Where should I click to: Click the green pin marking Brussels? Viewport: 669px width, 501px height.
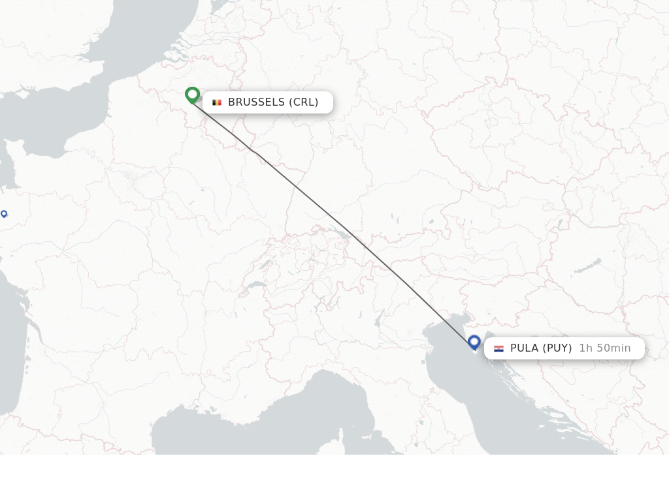192,95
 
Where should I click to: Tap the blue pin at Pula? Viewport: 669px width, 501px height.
474,342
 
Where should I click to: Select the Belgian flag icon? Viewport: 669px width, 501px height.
217,102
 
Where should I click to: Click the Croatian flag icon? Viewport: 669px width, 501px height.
498,348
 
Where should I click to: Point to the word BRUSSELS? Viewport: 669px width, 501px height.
256,102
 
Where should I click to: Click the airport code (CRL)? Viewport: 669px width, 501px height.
304,102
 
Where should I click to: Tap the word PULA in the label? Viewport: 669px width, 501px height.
524,348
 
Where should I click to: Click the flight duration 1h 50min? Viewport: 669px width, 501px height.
605,348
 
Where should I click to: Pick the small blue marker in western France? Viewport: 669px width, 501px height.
4,213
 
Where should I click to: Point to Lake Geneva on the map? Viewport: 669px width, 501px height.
255,286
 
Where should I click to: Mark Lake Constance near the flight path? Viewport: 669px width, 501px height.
340,232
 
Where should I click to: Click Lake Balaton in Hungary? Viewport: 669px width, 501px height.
588,266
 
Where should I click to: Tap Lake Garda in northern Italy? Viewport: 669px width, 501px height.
379,318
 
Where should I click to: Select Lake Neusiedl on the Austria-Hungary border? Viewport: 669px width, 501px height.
559,225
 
